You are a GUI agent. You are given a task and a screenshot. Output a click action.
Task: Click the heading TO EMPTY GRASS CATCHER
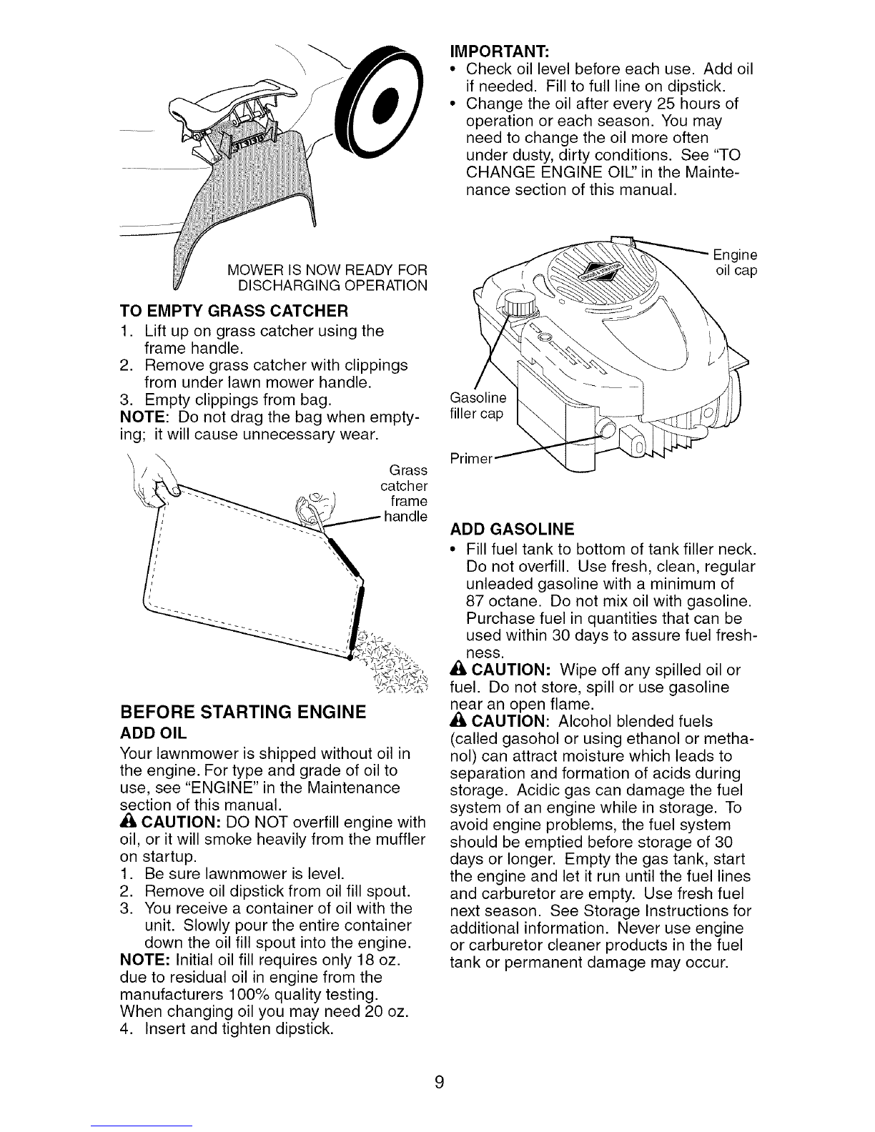(x=234, y=311)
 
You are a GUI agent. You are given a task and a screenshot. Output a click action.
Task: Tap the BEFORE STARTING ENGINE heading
(x=243, y=712)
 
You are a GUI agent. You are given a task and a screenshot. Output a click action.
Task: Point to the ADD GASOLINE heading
(x=512, y=529)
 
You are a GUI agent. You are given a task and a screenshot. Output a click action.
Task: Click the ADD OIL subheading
(x=153, y=733)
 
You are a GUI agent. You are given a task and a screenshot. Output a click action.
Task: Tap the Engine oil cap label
(x=735, y=262)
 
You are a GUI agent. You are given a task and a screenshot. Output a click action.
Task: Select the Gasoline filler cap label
(x=478, y=406)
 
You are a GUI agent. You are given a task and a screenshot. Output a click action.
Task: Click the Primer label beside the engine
(x=471, y=458)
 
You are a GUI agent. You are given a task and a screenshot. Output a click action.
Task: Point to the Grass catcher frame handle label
(x=405, y=493)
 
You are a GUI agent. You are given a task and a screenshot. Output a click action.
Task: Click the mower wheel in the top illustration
(x=379, y=102)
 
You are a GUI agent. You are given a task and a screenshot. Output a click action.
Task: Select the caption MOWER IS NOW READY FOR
(x=327, y=270)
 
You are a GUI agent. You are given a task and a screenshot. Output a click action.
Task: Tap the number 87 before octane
(x=475, y=601)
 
